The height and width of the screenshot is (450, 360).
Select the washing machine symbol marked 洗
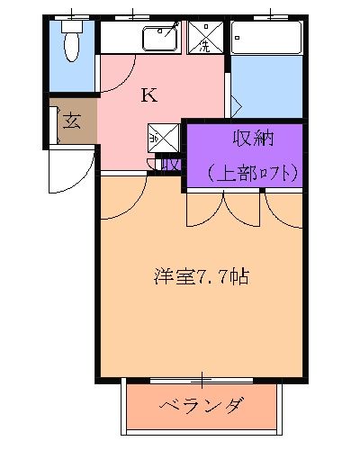point(205,38)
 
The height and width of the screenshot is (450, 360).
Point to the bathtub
point(266,38)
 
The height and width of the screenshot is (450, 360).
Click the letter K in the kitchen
point(148,95)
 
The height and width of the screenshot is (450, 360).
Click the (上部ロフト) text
point(251,172)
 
